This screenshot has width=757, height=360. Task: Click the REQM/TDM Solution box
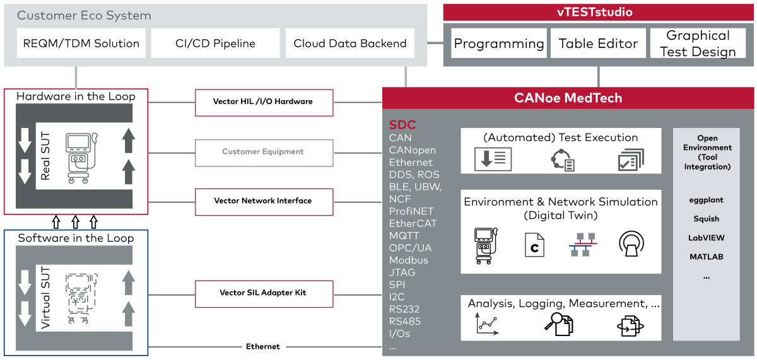[x=81, y=44]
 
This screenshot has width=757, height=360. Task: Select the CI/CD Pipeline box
[x=215, y=44]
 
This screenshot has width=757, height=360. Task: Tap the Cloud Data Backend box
[x=350, y=44]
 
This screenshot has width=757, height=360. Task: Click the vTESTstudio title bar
[x=599, y=12]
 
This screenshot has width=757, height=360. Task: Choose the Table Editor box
[x=599, y=44]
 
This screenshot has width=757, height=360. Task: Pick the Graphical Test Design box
[x=698, y=44]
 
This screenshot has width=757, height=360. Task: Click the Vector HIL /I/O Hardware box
[x=263, y=102]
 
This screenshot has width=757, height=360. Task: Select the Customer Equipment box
[x=263, y=152]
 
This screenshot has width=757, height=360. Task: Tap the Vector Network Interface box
[x=263, y=201]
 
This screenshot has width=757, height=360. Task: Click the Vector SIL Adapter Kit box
[x=263, y=293]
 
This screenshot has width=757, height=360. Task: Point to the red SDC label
[x=402, y=125]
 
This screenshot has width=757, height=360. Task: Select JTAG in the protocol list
[x=402, y=272]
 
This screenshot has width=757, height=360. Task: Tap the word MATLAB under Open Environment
[x=706, y=257]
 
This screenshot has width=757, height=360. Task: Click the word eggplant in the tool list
[x=706, y=200]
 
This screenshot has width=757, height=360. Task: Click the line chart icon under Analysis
[x=484, y=324]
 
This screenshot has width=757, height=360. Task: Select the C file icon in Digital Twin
[x=534, y=245]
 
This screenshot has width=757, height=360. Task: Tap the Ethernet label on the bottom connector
[x=263, y=347]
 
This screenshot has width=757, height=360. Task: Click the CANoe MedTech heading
[x=568, y=98]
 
